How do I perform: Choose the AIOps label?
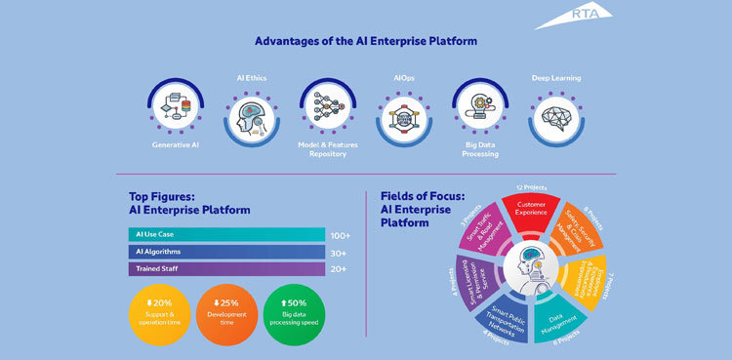tap(403, 77)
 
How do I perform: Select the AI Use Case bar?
tap(225, 234)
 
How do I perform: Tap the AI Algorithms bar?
tap(225, 252)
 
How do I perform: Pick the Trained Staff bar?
tap(225, 268)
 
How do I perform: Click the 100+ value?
tap(340, 235)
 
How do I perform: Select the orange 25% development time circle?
tap(230, 313)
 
